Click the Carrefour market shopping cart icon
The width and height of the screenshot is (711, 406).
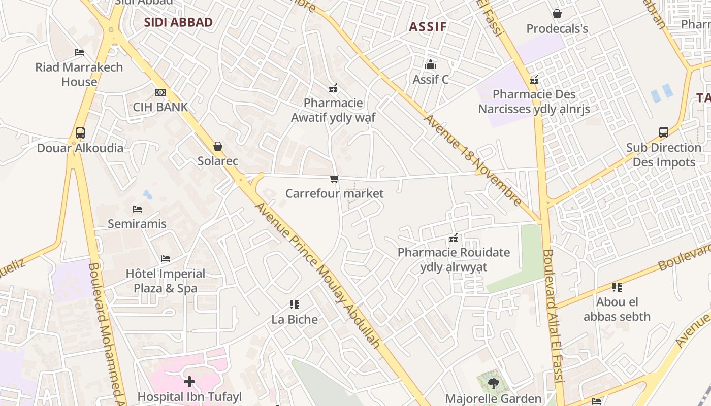click(x=334, y=179)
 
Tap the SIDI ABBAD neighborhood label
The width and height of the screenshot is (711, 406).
click(x=178, y=22)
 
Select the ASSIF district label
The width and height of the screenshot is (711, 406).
click(x=428, y=27)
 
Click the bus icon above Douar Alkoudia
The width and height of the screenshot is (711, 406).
click(x=80, y=133)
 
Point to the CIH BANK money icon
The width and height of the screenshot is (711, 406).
click(x=160, y=92)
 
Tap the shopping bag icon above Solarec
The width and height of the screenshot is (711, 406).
click(x=218, y=147)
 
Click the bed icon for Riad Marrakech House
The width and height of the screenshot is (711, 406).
click(x=79, y=52)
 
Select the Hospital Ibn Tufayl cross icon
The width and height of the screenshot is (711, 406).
click(x=189, y=382)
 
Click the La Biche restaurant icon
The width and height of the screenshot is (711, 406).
click(x=295, y=304)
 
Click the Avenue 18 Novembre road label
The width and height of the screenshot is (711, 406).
click(x=473, y=160)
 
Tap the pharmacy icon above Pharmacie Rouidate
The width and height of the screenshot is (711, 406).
click(x=454, y=238)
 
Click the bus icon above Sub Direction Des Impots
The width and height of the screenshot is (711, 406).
click(x=663, y=133)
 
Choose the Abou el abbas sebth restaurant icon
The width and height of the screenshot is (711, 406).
click(x=617, y=287)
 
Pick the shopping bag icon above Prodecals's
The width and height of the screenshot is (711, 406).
click(x=557, y=14)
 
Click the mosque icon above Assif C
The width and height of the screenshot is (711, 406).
click(x=431, y=64)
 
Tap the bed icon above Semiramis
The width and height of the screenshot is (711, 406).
click(x=137, y=209)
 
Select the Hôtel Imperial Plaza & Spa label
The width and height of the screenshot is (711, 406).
click(x=166, y=281)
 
